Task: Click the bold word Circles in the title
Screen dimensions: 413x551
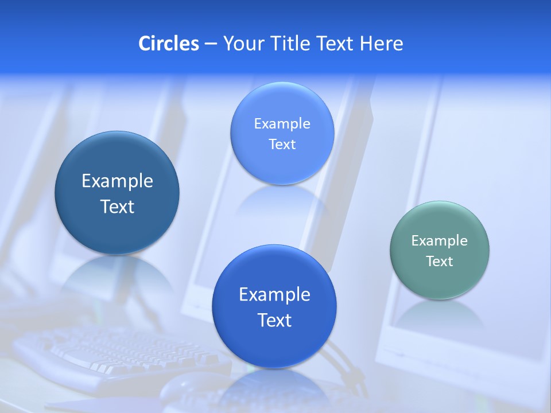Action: point(168,44)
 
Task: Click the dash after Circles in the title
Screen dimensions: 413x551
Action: point(211,44)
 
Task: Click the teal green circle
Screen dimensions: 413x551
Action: point(440,250)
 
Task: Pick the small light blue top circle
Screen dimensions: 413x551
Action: point(282,133)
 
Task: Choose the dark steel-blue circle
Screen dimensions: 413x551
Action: point(117,193)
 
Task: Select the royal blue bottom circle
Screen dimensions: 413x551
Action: point(274,306)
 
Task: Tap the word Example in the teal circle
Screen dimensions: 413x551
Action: point(440,240)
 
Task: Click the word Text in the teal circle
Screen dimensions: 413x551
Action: point(440,262)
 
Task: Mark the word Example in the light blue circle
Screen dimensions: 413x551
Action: point(282,123)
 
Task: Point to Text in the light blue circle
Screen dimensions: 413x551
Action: point(282,145)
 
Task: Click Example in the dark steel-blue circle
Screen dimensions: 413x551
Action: point(117,181)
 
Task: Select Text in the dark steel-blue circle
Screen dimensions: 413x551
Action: point(117,206)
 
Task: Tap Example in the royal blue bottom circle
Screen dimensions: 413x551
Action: point(274,294)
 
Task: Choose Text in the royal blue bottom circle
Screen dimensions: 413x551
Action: point(274,320)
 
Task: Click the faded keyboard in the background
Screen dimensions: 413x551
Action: point(115,353)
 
